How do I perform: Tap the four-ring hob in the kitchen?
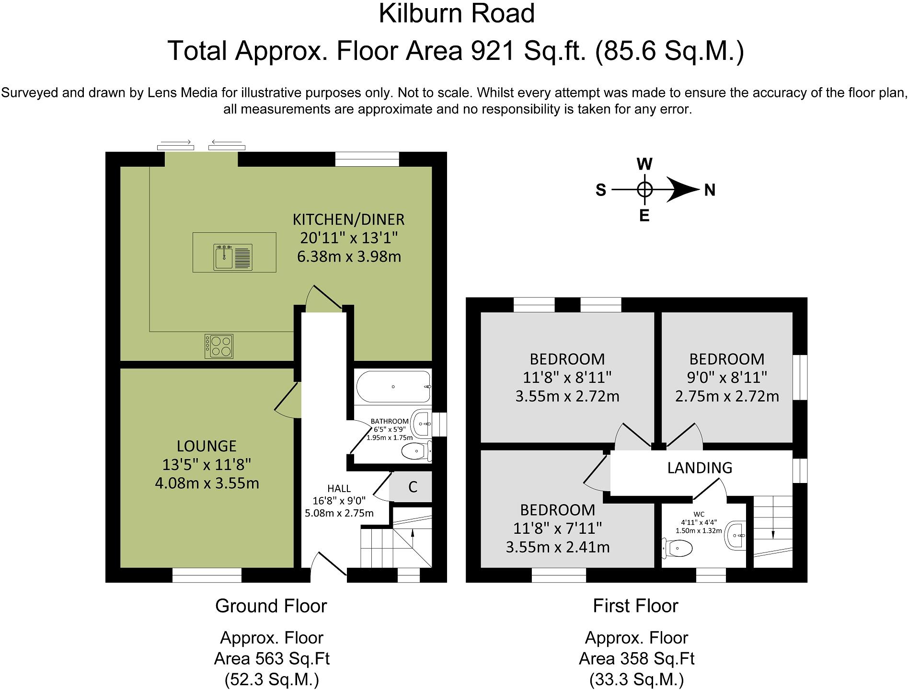(219, 346)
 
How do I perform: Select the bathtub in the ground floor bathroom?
(393, 387)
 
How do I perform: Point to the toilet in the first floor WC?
(677, 548)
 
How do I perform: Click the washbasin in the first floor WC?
(736, 535)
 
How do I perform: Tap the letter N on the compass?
(710, 190)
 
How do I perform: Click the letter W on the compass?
(644, 164)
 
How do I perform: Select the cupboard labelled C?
(412, 487)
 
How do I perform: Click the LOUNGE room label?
(207, 446)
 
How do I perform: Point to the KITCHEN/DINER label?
(349, 219)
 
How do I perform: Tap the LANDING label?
(700, 468)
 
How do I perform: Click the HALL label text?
(339, 489)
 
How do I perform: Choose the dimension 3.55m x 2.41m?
(558, 547)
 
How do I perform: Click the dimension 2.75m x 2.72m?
(727, 396)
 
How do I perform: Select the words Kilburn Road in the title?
(457, 13)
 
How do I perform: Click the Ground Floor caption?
(271, 606)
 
